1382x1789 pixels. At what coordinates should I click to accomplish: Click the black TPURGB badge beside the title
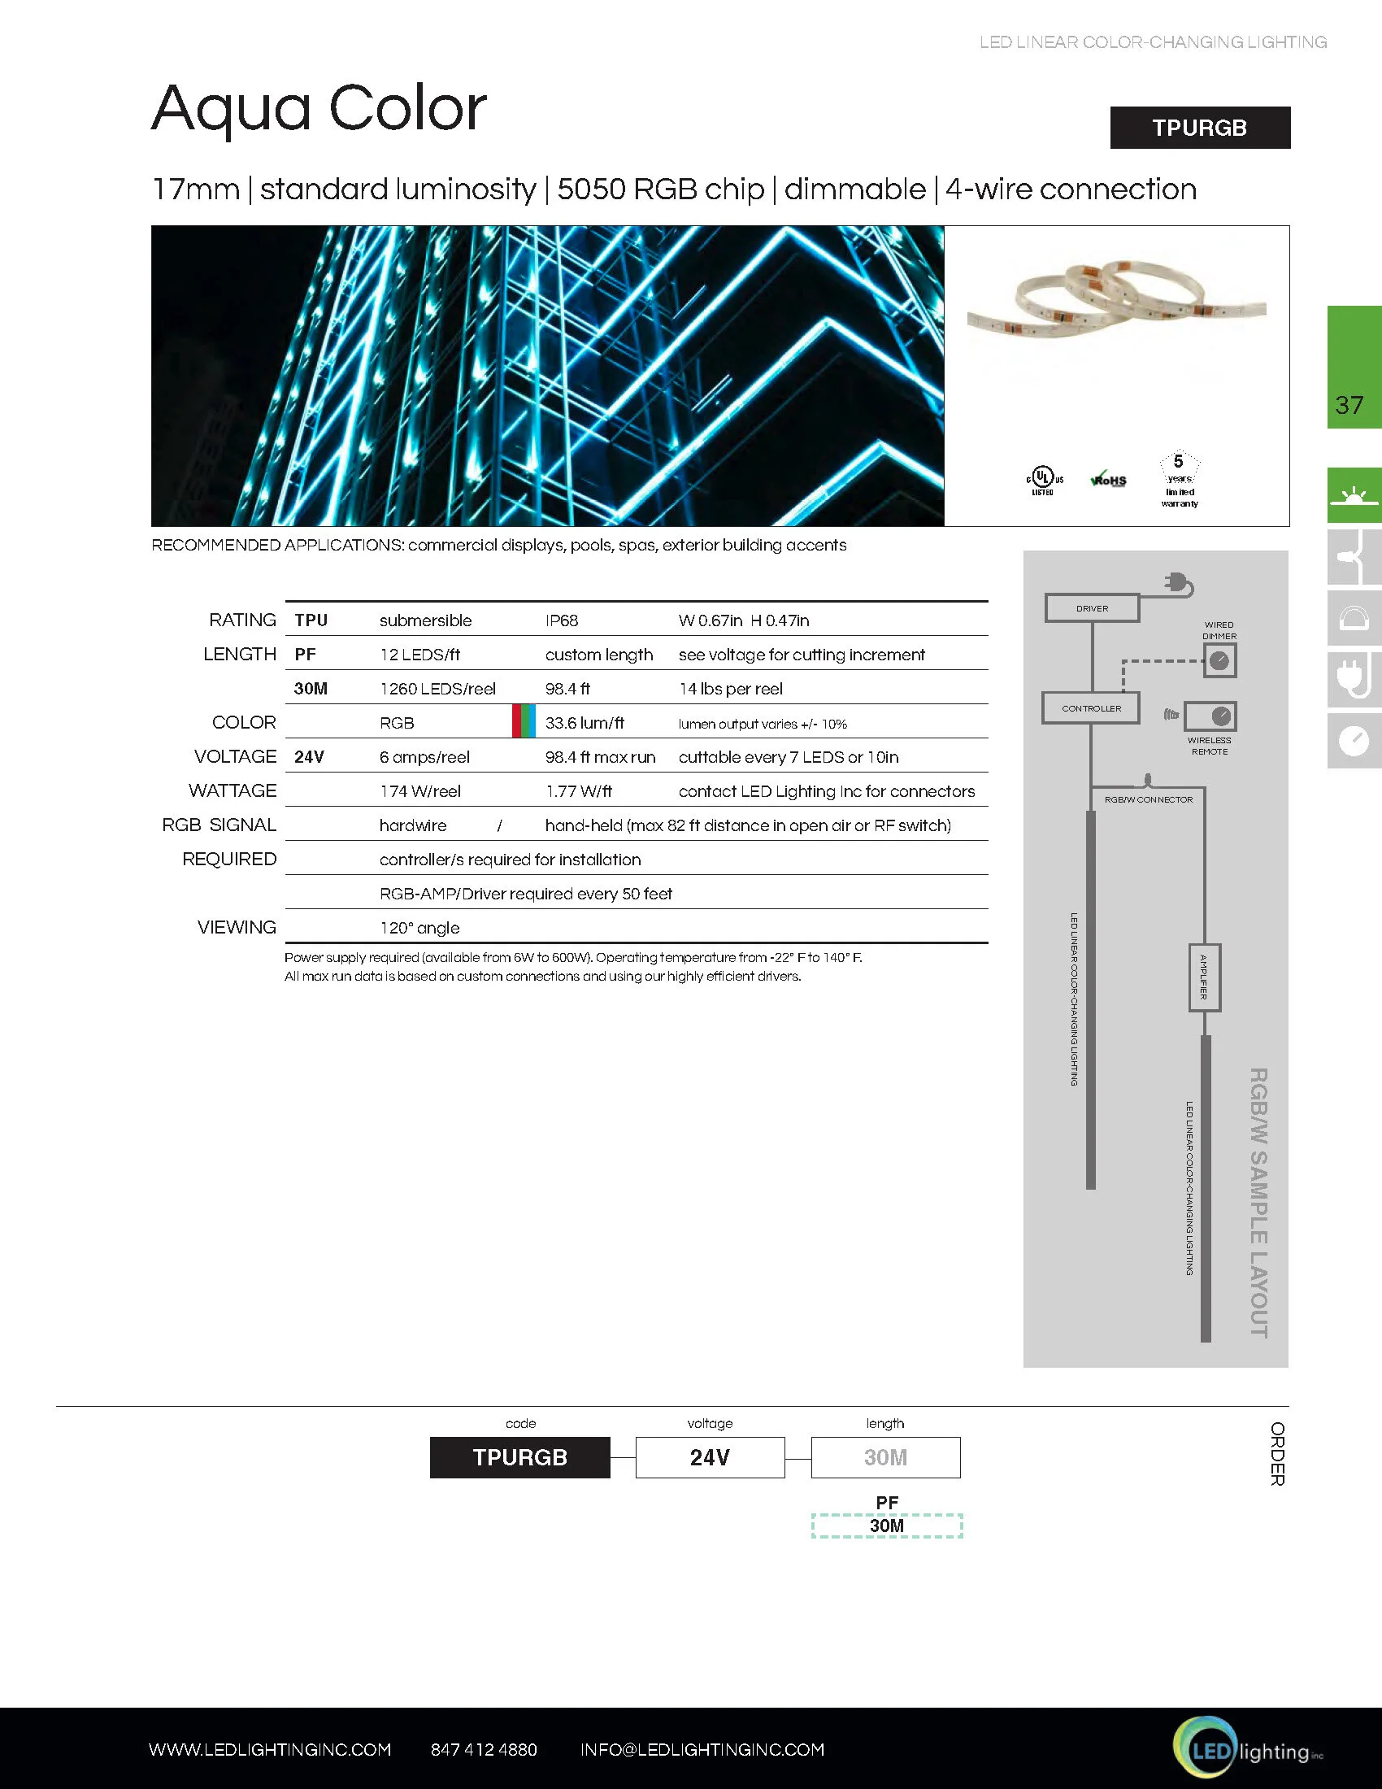point(1199,128)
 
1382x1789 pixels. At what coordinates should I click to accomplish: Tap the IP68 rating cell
point(562,621)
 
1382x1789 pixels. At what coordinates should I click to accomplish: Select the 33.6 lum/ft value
point(585,723)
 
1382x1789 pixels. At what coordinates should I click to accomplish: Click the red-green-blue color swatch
point(524,720)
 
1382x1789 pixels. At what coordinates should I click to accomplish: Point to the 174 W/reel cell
point(420,791)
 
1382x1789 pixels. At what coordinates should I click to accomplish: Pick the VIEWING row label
point(237,927)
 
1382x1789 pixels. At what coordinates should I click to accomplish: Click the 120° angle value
point(419,928)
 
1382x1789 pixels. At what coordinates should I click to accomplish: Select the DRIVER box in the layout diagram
point(1092,608)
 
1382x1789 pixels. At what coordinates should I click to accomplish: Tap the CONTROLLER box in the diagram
point(1091,708)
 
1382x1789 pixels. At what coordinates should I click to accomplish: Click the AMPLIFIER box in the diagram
point(1204,977)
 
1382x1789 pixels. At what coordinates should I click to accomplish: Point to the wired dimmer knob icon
point(1219,661)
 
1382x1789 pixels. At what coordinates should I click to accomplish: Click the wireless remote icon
point(1210,716)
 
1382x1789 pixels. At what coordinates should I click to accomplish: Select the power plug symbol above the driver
point(1179,584)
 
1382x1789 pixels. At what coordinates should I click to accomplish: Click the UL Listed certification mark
point(1043,480)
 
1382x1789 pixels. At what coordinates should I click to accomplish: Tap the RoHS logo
point(1109,480)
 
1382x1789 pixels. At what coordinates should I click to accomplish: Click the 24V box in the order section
point(710,1457)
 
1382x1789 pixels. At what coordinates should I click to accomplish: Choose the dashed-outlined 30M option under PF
point(887,1526)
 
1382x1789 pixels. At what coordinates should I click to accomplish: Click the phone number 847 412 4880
point(484,1750)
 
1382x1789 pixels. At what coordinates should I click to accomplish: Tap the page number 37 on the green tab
point(1349,405)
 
